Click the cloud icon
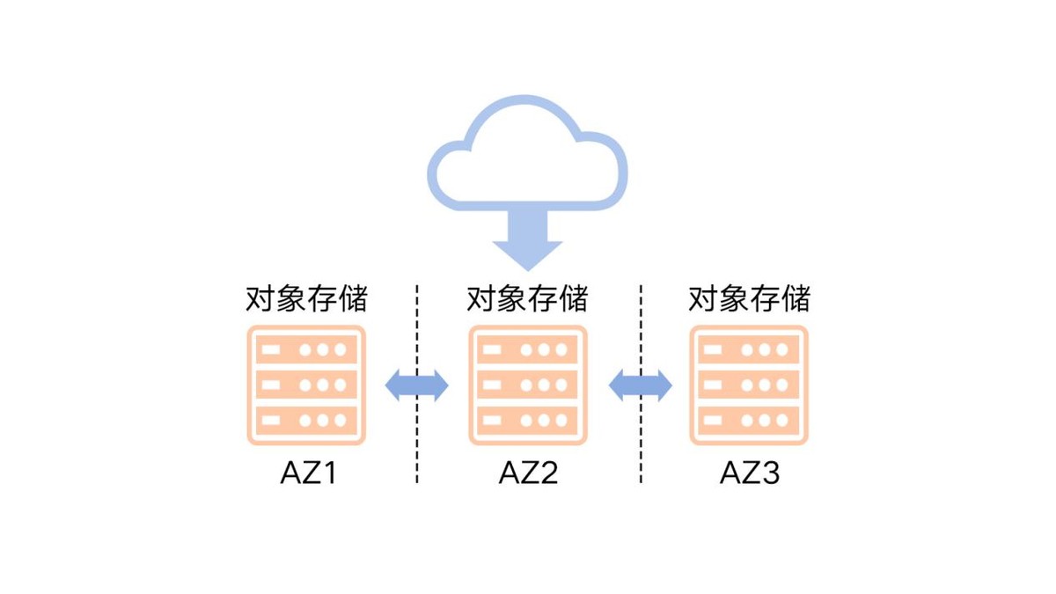coord(528,158)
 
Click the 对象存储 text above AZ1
coord(306,299)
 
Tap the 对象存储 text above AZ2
coord(527,299)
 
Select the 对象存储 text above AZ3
coord(749,299)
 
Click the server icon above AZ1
coord(306,385)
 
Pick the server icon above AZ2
coord(527,385)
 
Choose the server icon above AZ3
coord(749,385)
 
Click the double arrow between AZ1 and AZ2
coord(417,385)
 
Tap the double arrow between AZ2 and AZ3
coord(640,385)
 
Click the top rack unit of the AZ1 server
coord(306,349)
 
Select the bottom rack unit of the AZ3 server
coord(749,420)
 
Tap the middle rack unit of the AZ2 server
coord(527,385)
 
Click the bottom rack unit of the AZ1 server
coord(306,420)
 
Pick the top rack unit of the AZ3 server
coord(749,349)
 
